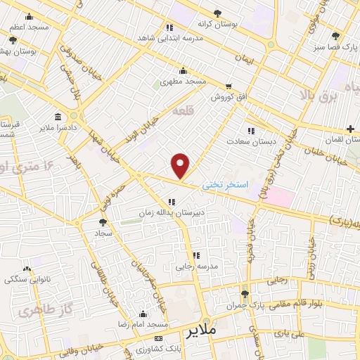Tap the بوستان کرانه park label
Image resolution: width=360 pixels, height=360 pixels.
click(x=235, y=23)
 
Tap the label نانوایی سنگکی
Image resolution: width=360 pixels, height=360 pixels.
click(x=27, y=279)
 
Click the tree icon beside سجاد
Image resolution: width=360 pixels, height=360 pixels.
click(x=103, y=220)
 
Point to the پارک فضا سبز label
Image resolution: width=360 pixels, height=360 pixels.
click(x=335, y=46)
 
